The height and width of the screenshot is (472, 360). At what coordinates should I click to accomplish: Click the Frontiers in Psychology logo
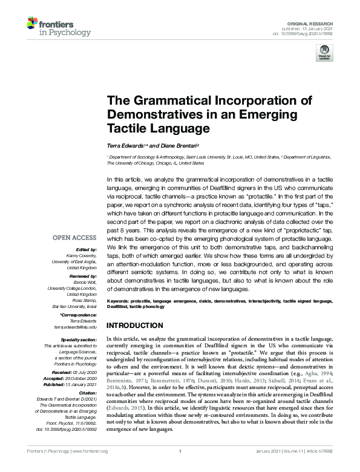58,27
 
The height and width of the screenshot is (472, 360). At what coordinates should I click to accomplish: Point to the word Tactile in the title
125,128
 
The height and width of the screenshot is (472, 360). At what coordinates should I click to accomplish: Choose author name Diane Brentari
176,145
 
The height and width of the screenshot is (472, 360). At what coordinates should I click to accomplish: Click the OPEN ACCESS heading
77,238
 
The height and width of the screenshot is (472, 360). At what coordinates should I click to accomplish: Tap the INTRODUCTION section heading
137,325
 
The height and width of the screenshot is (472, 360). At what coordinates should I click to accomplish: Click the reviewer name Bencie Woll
84,282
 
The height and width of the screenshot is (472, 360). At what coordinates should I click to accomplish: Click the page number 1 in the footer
180,468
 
